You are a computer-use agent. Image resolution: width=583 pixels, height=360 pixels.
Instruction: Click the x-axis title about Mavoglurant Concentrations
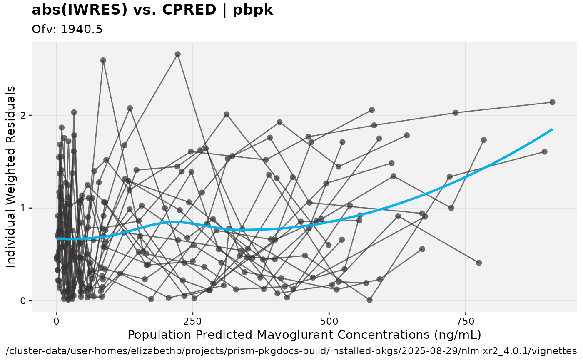(304, 334)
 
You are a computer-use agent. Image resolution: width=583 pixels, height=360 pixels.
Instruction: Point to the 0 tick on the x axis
(56, 321)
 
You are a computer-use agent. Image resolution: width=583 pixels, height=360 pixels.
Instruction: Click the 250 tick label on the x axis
(192, 321)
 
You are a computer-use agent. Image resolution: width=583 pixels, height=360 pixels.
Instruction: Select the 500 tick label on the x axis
(329, 321)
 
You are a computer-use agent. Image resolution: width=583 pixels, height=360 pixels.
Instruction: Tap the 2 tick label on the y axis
(23, 115)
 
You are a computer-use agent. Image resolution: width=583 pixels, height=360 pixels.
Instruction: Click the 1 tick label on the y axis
(23, 208)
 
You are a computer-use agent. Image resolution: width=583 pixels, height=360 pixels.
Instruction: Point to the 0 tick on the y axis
(23, 301)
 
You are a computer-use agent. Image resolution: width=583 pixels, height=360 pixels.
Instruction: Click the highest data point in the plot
(177, 54)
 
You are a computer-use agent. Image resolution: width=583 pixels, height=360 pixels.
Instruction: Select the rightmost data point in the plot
(552, 102)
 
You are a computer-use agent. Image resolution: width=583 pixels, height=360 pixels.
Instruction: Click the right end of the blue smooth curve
(552, 130)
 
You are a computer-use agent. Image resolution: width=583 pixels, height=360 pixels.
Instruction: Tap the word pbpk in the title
(253, 10)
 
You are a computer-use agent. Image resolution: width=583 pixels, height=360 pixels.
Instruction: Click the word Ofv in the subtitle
(40, 29)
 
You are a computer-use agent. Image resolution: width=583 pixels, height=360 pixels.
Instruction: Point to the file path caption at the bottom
(291, 350)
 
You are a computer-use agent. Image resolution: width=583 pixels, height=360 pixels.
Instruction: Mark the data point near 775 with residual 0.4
(479, 263)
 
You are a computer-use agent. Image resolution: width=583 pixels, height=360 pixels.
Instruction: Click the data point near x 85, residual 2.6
(103, 60)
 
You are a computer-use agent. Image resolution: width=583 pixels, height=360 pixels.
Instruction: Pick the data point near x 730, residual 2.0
(456, 113)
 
